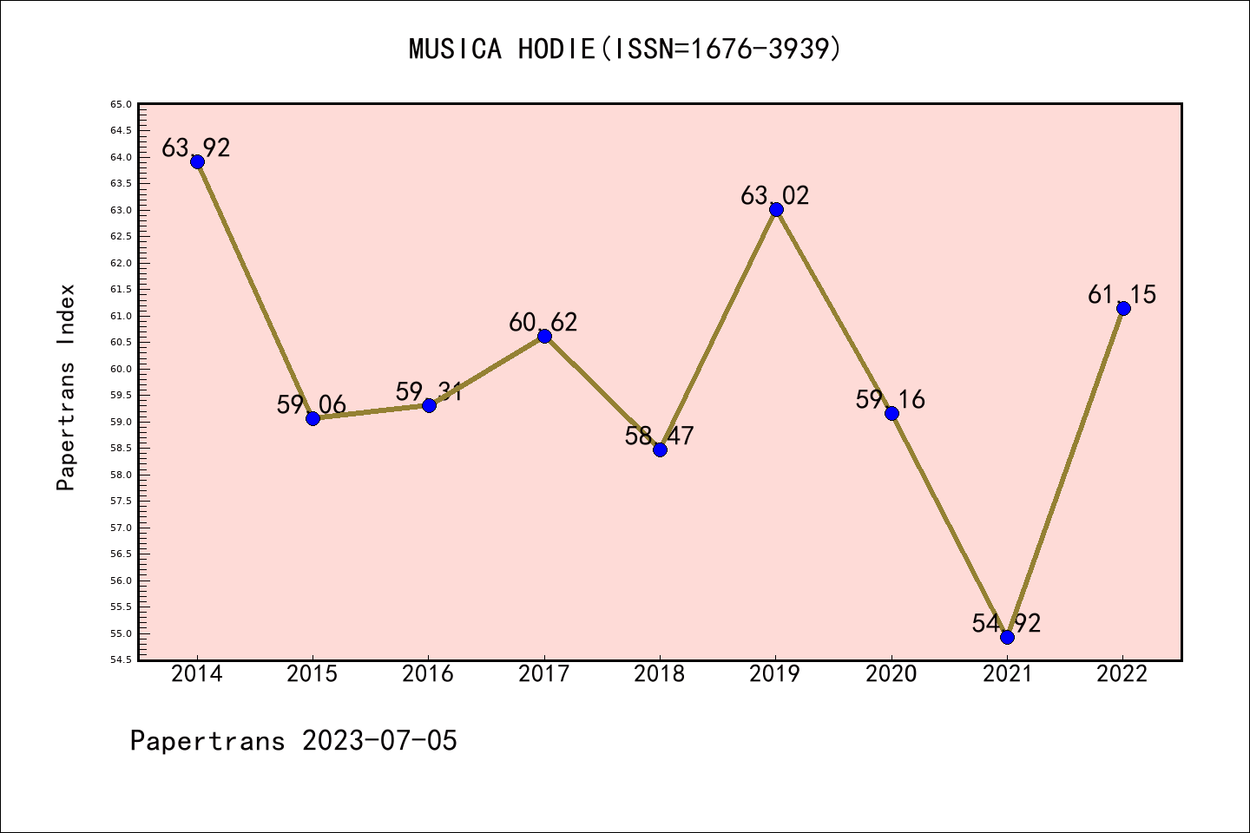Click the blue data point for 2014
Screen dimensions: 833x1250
[x=197, y=161]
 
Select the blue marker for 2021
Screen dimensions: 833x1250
[x=1007, y=637]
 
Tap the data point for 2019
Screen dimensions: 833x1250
[x=776, y=209]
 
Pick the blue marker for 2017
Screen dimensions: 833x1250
[x=544, y=336]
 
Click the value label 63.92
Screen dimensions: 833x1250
[x=196, y=148]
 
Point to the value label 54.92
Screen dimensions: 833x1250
[x=1006, y=623]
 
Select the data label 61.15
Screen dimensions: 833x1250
[x=1122, y=295]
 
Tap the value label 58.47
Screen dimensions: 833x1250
[x=659, y=436]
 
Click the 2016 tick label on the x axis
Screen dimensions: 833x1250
[x=428, y=674]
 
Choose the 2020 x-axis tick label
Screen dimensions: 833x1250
[x=891, y=674]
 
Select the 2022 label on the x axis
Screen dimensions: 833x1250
[x=1122, y=674]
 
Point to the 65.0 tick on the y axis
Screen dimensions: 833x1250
[x=121, y=104]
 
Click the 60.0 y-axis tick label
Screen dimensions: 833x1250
[x=121, y=369]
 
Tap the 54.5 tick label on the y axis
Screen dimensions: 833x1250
[x=121, y=659]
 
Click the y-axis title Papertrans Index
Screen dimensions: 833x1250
[x=66, y=387]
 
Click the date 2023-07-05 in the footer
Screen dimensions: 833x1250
[x=379, y=741]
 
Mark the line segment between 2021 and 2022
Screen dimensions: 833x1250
[x=1065, y=473]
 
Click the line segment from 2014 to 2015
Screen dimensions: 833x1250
[x=255, y=290]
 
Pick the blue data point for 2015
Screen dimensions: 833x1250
[x=312, y=418]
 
